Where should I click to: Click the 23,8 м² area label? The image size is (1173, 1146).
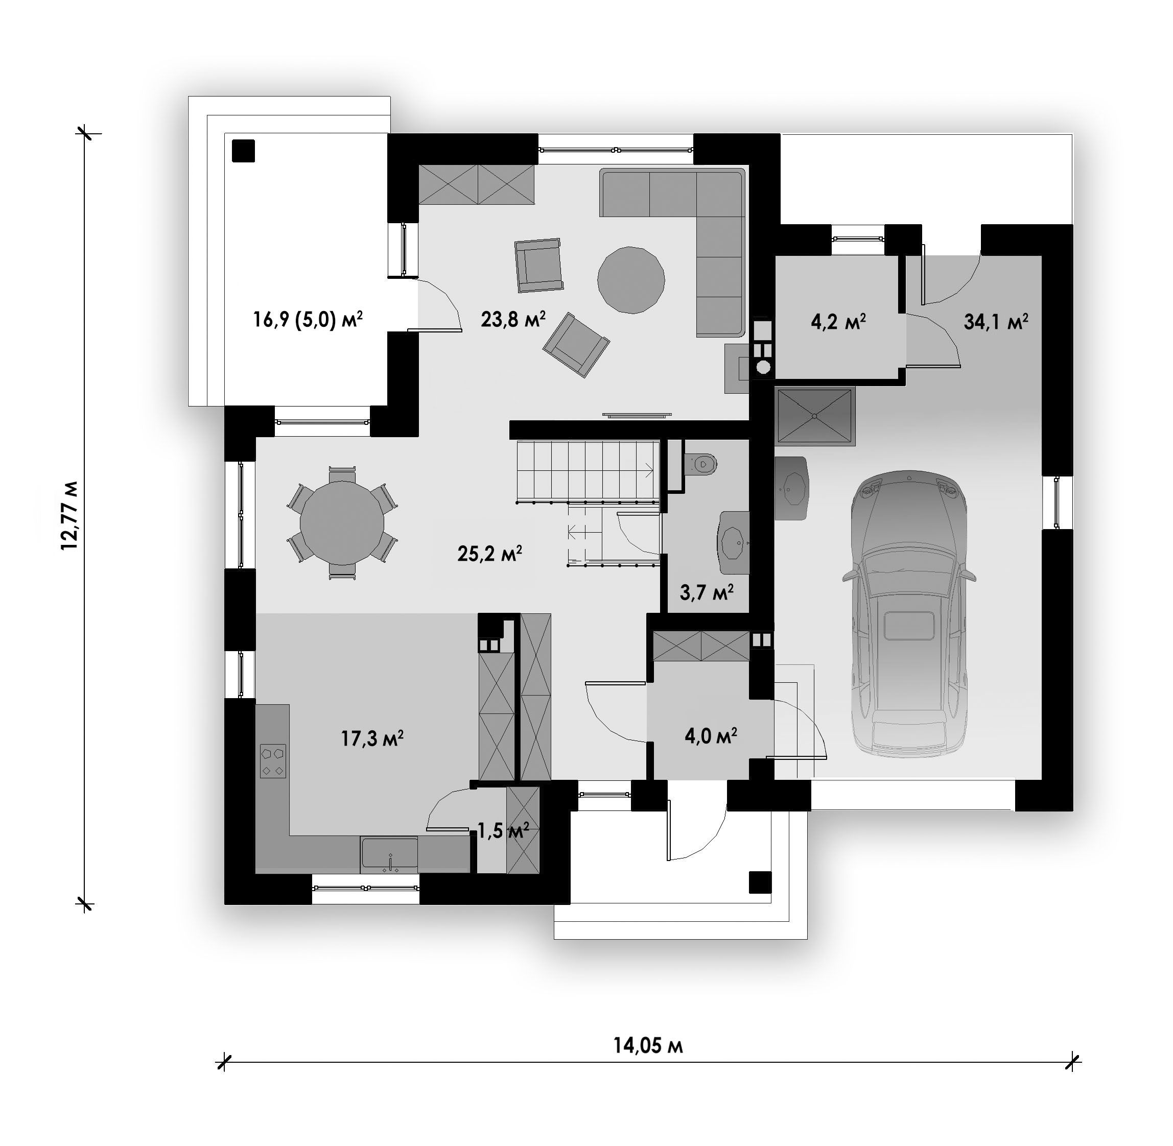pos(513,319)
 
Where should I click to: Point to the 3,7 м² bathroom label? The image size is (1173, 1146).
pos(707,592)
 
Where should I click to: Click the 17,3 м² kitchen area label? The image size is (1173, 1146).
pos(372,738)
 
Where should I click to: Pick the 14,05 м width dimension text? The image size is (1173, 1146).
pos(648,1045)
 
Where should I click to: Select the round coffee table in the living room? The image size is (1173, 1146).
pos(631,279)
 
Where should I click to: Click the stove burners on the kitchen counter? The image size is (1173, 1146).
pos(273,761)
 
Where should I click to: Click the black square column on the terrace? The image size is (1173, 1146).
pos(243,151)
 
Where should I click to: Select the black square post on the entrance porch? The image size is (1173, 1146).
pos(760,882)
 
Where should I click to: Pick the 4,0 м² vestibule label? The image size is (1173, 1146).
pos(711,735)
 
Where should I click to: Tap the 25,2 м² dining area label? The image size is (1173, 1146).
pos(489,553)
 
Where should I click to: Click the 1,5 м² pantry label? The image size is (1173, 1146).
pos(503,831)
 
